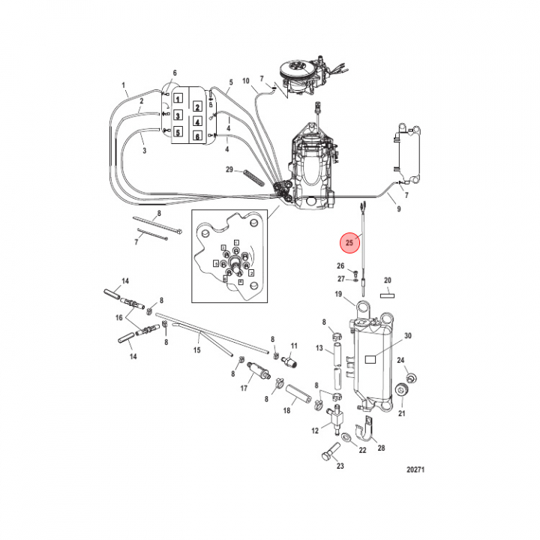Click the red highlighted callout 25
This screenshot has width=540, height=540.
[x=349, y=243]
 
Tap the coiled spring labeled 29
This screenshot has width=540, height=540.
[x=253, y=176]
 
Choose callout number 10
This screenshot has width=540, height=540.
[x=245, y=80]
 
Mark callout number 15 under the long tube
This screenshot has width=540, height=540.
[x=197, y=349]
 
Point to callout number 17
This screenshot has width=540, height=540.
[x=244, y=388]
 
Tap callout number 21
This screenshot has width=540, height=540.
[x=401, y=412]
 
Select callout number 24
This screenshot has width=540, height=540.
[x=401, y=361]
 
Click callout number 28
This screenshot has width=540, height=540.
[x=382, y=448]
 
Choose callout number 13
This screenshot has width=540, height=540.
[x=319, y=349]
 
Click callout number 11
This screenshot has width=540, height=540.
[x=294, y=346]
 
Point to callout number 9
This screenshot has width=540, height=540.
[x=398, y=209]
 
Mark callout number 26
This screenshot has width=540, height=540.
[x=340, y=266]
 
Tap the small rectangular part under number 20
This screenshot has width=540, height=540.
[x=388, y=295]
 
